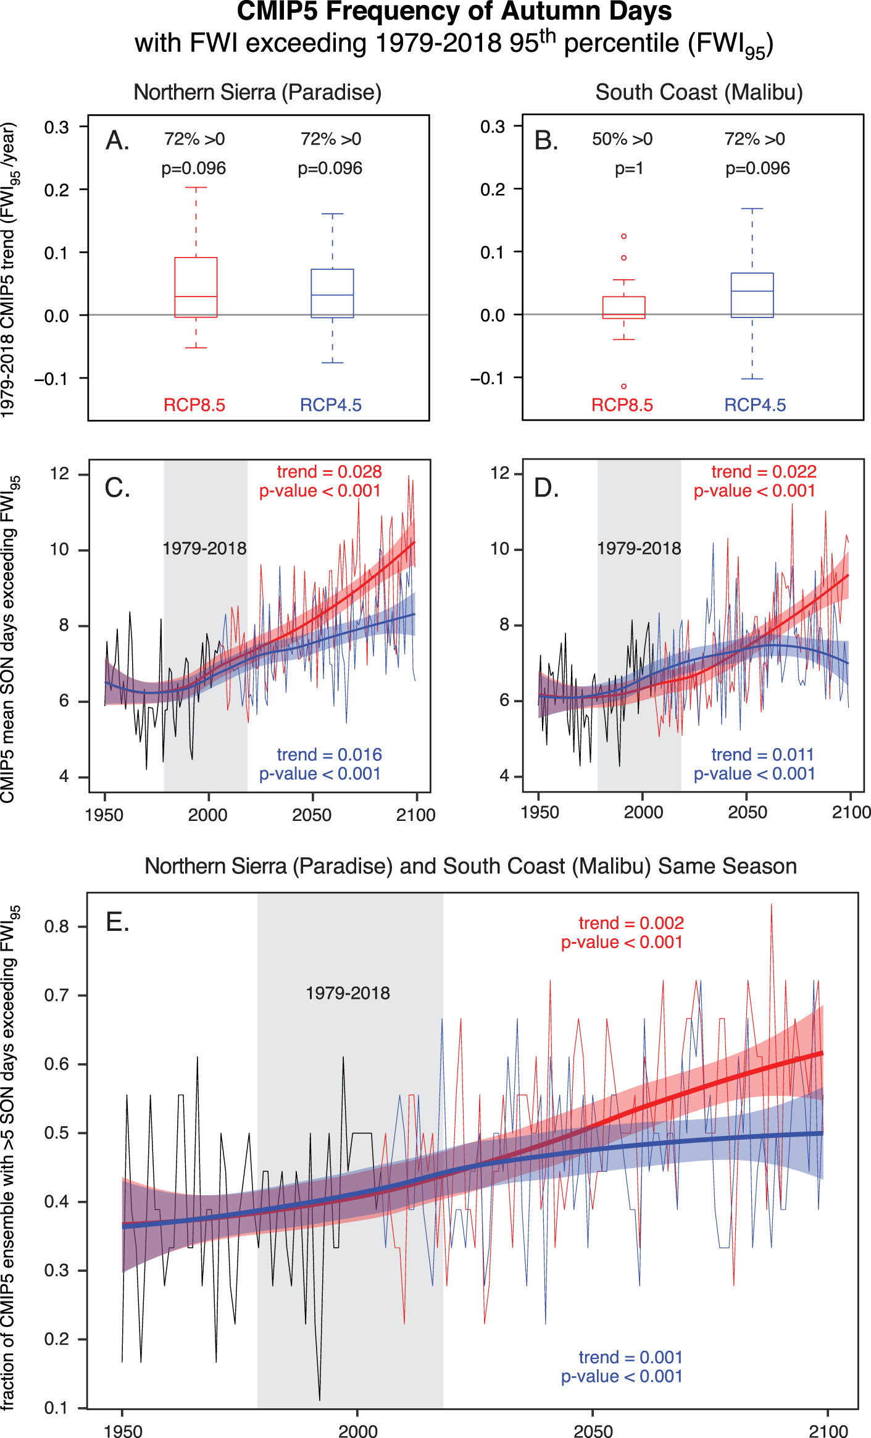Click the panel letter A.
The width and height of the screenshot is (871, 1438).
[x=117, y=141]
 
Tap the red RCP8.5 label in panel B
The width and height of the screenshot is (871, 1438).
[x=622, y=405]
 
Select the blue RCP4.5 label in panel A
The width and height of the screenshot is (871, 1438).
[x=330, y=405]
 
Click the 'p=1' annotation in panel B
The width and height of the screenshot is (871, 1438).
[x=629, y=169]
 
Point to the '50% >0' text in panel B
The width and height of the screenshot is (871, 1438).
[x=622, y=140]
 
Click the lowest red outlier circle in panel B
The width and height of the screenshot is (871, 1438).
[x=624, y=386]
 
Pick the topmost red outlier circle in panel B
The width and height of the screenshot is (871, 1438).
[x=624, y=236]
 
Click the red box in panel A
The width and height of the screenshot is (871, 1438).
[x=196, y=287]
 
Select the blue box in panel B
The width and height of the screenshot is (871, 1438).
[x=752, y=295]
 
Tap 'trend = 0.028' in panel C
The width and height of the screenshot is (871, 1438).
[x=329, y=472]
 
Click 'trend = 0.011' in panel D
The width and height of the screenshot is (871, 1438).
[x=762, y=755]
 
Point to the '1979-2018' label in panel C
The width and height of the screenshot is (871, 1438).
[x=204, y=549]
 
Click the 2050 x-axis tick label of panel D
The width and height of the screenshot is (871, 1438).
[x=747, y=812]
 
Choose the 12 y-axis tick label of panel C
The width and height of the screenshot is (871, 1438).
[x=60, y=474]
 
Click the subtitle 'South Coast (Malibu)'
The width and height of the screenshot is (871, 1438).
[x=699, y=93]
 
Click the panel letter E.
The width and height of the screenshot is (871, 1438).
[x=117, y=923]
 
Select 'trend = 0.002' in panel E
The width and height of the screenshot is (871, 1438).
[x=631, y=923]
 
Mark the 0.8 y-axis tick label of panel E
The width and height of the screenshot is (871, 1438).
[x=56, y=927]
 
